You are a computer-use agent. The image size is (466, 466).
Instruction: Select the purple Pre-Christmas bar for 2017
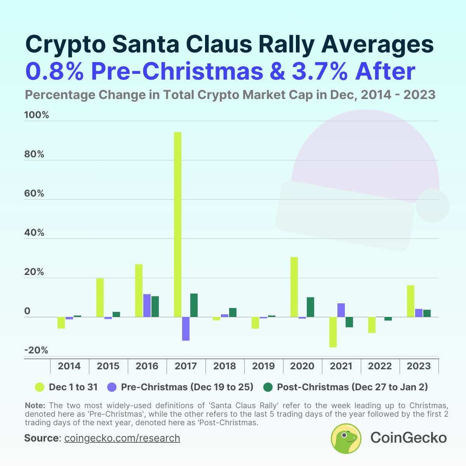coord(186,329)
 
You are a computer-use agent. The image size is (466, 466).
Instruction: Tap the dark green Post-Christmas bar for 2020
coord(310,307)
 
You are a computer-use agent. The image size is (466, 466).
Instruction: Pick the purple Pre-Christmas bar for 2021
coord(341,310)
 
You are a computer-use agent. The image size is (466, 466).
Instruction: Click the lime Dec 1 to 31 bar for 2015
coord(100,297)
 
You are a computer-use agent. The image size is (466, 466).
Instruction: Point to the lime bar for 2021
coord(333,332)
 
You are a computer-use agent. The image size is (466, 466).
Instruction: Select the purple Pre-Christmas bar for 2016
coord(147,306)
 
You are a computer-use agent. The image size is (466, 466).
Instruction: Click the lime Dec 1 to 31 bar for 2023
coord(410,301)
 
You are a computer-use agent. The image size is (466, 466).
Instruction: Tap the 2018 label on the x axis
coord(224,366)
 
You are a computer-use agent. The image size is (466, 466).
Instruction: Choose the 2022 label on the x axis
coord(380,366)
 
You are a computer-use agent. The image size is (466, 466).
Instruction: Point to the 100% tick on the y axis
coord(37,115)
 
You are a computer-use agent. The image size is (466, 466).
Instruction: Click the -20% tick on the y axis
coord(36,351)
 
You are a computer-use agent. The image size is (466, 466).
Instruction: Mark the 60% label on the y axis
coord(35,194)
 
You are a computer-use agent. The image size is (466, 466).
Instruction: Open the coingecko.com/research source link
coord(122,438)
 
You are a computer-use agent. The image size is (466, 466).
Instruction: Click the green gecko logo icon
coord(346,438)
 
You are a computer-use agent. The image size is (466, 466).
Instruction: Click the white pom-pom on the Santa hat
coord(433,206)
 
